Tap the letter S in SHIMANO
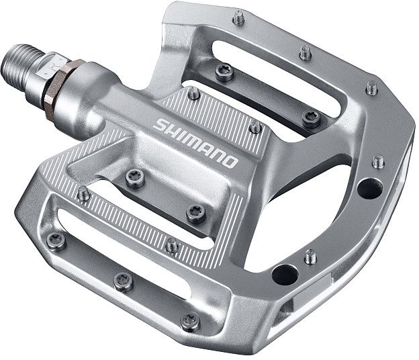(160, 125)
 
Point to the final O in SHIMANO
(230, 162)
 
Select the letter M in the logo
(192, 142)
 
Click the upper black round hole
(370, 189)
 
